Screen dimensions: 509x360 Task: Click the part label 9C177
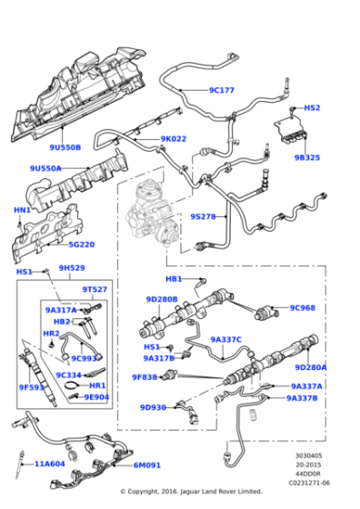coord(221,90)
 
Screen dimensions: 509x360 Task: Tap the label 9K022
coord(173,139)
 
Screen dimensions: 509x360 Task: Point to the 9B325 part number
coord(307,157)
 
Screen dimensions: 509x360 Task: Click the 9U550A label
coord(45,168)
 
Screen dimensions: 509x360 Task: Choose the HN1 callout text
coord(22,210)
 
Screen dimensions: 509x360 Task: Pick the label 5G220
coord(81,245)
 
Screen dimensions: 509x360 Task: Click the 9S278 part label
coord(203,216)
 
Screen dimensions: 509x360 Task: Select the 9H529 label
coord(72,268)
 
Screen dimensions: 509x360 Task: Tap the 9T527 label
coord(95,289)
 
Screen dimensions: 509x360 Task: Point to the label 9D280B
coord(162,299)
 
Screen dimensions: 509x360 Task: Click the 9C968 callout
coord(303,307)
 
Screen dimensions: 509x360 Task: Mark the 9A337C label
coord(225,339)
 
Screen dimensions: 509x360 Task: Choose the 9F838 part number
coord(145,377)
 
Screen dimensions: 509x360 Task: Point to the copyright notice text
coord(191,492)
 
